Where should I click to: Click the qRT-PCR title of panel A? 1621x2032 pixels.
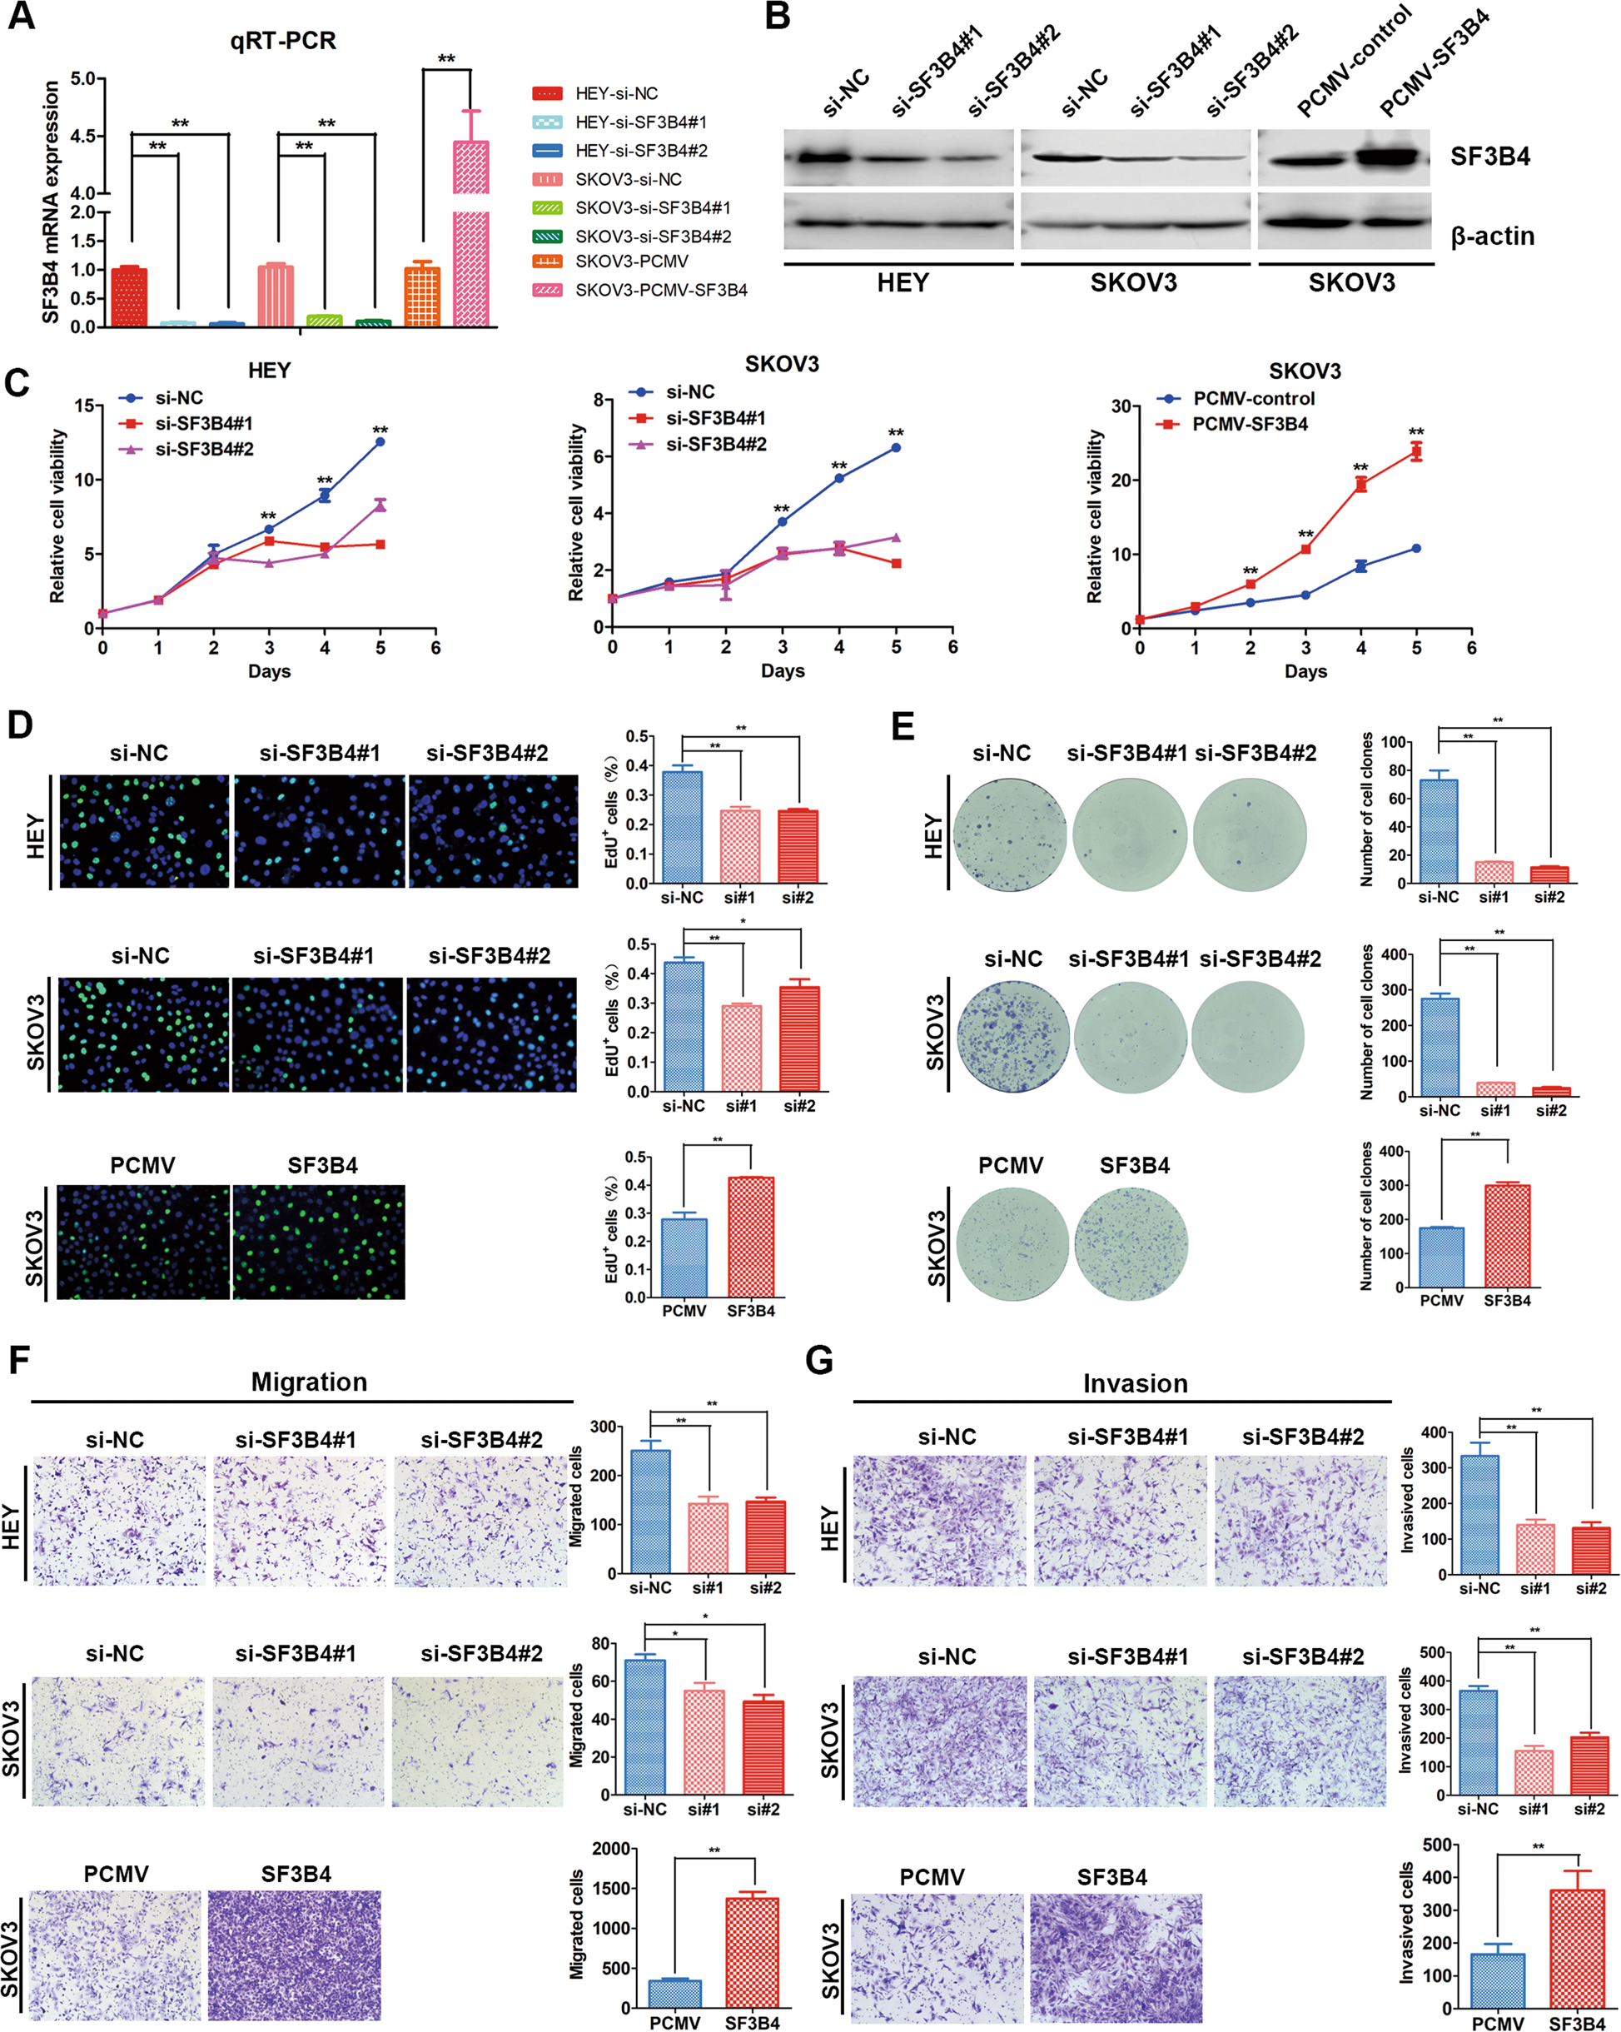tap(283, 41)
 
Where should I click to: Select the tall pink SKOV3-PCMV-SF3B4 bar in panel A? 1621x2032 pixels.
tap(470, 245)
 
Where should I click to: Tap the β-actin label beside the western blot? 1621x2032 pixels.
tap(1492, 236)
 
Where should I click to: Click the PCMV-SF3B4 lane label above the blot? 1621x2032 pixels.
tap(1435, 66)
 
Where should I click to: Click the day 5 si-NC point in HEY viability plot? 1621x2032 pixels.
tap(380, 441)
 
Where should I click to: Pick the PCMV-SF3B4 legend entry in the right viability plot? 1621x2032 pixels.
tap(1250, 424)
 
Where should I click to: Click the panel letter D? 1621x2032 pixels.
tap(21, 725)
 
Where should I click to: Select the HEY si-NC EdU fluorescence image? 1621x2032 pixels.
tap(144, 831)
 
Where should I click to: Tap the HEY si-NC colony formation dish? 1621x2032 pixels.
tap(1009, 835)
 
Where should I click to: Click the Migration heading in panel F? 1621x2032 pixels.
tap(309, 1382)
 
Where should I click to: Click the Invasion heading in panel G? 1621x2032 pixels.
tap(1135, 1383)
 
